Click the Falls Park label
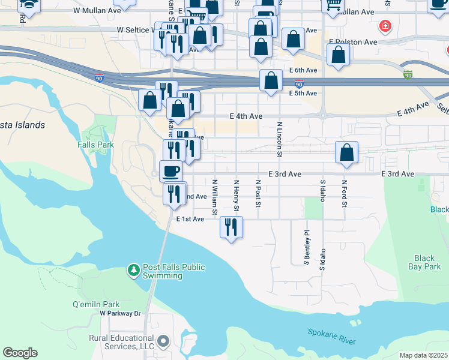point(95,145)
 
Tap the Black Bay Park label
point(424,262)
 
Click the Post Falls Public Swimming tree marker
point(133,271)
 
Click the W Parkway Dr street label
point(120,313)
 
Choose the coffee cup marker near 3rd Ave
point(170,171)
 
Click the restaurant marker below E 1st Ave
point(231,227)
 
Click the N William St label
point(214,196)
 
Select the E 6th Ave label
point(303,70)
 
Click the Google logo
point(20,353)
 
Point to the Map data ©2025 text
point(423,355)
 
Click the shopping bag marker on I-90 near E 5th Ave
point(271,80)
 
